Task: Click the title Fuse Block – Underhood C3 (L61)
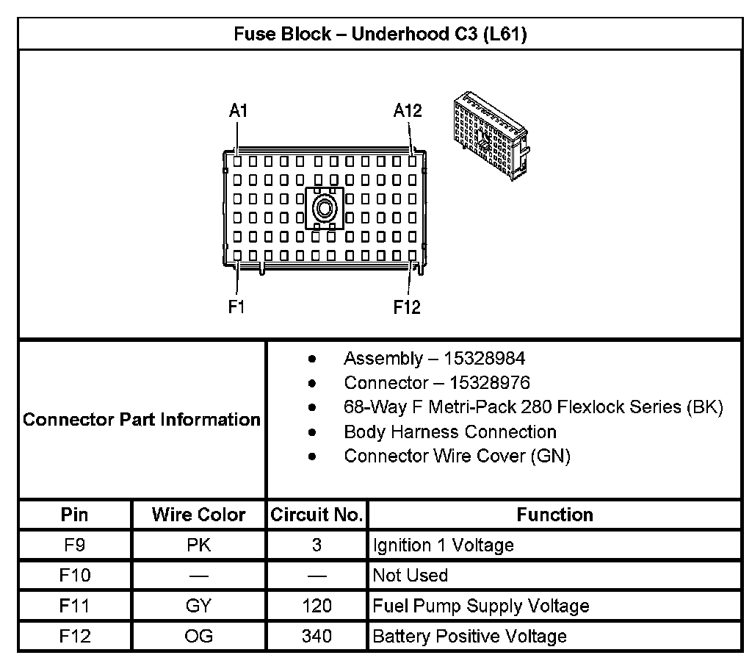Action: [379, 35]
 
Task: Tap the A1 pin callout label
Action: [238, 111]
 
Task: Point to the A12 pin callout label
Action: [408, 111]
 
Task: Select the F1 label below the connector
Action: [236, 307]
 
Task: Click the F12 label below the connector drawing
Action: [407, 307]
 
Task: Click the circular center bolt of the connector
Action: [324, 209]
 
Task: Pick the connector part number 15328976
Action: [489, 383]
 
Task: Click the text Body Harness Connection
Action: [449, 432]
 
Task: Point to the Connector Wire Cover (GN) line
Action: [457, 456]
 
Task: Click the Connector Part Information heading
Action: [142, 420]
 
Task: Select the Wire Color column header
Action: [198, 515]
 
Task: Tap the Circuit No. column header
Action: [317, 515]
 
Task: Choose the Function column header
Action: [554, 515]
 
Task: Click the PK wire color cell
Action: [198, 545]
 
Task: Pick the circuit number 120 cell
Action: [317, 607]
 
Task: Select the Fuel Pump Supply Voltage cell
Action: [481, 607]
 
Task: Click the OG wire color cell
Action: [198, 637]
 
